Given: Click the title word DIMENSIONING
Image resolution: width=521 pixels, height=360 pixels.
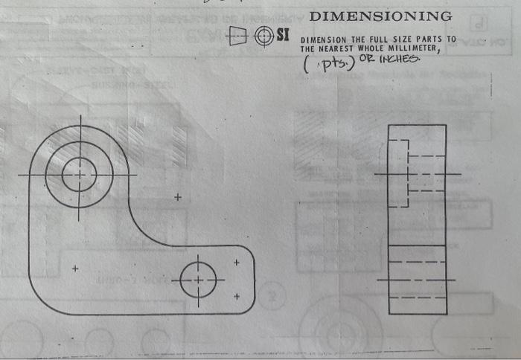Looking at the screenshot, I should click(x=380, y=16).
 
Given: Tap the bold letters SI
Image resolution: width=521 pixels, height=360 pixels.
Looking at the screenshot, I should click(x=283, y=35).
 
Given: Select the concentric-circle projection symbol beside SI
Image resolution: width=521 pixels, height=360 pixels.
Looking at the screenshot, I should click(x=263, y=35).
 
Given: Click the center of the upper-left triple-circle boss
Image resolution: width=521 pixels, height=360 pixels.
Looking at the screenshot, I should click(x=79, y=175).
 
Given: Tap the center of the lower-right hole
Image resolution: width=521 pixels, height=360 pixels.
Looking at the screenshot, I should click(x=198, y=280).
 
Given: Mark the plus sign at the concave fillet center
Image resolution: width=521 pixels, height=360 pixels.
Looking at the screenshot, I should click(x=177, y=198).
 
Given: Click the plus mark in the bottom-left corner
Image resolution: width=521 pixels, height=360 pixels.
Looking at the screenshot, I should click(x=74, y=269).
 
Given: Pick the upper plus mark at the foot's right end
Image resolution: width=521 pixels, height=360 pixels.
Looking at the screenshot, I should click(x=237, y=263).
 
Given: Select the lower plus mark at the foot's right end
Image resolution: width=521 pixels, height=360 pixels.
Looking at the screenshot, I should click(x=237, y=296).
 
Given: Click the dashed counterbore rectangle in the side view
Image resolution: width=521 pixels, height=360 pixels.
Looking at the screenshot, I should click(x=399, y=173).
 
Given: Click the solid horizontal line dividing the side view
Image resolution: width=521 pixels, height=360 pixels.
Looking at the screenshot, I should click(x=417, y=245).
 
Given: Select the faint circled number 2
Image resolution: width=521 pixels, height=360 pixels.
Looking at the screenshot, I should click(x=273, y=298).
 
